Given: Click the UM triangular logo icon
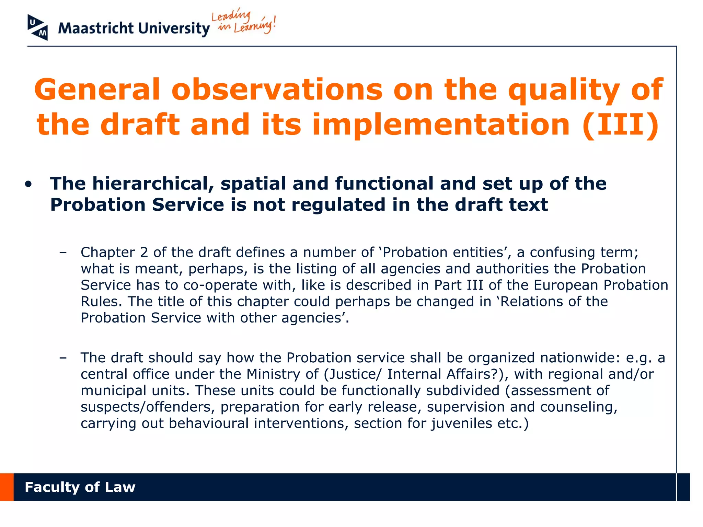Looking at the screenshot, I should point(37,27).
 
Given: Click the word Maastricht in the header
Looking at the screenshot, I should point(96,28).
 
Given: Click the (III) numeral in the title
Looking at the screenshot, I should point(621,125).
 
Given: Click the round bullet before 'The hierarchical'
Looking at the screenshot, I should point(28,184).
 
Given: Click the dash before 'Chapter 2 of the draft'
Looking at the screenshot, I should point(63,253).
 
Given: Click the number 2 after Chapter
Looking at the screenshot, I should point(144,253).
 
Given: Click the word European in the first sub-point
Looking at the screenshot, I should point(565,285).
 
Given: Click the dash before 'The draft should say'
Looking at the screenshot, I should point(63,358).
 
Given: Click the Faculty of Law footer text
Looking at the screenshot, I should point(80,487).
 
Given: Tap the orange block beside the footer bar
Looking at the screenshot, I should point(7,487).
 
